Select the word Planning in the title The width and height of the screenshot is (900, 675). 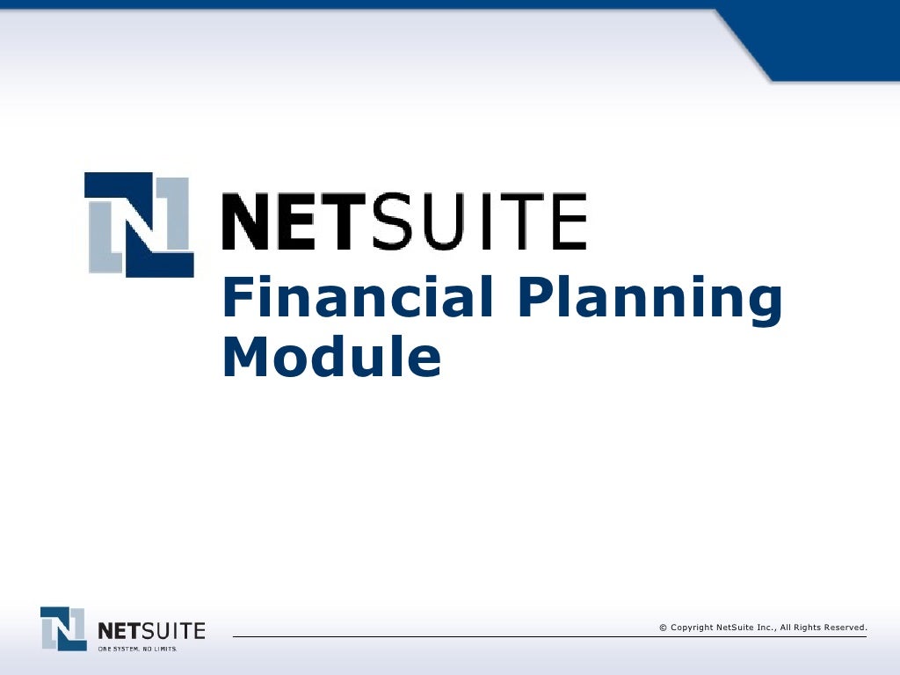pyautogui.click(x=649, y=299)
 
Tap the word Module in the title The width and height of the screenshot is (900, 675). pyautogui.click(x=331, y=356)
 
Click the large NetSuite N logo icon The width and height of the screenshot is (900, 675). pyautogui.click(x=139, y=224)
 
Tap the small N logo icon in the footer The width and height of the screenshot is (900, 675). pyautogui.click(x=63, y=628)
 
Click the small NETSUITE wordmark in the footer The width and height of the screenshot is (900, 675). pyautogui.click(x=151, y=630)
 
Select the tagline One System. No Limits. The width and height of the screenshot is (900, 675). pyautogui.click(x=137, y=649)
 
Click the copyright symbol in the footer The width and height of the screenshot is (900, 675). pyautogui.click(x=663, y=628)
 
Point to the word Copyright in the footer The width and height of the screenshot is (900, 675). pyautogui.click(x=692, y=628)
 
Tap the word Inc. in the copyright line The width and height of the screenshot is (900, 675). pyautogui.click(x=764, y=628)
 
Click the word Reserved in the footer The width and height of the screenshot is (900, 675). pyautogui.click(x=846, y=628)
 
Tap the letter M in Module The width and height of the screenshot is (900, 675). pyautogui.click(x=243, y=356)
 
